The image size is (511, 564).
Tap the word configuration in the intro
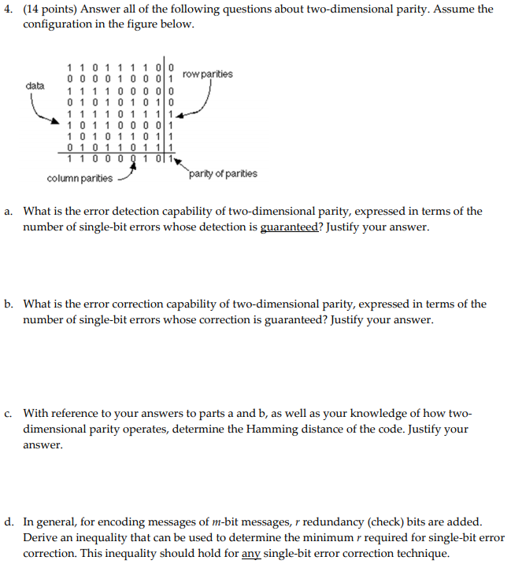(x=57, y=24)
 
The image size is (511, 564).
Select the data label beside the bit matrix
(x=35, y=84)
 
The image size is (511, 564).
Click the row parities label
(x=207, y=74)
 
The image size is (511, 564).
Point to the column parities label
(x=80, y=179)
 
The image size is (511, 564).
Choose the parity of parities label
(x=223, y=174)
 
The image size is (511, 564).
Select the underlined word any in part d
(x=250, y=553)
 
